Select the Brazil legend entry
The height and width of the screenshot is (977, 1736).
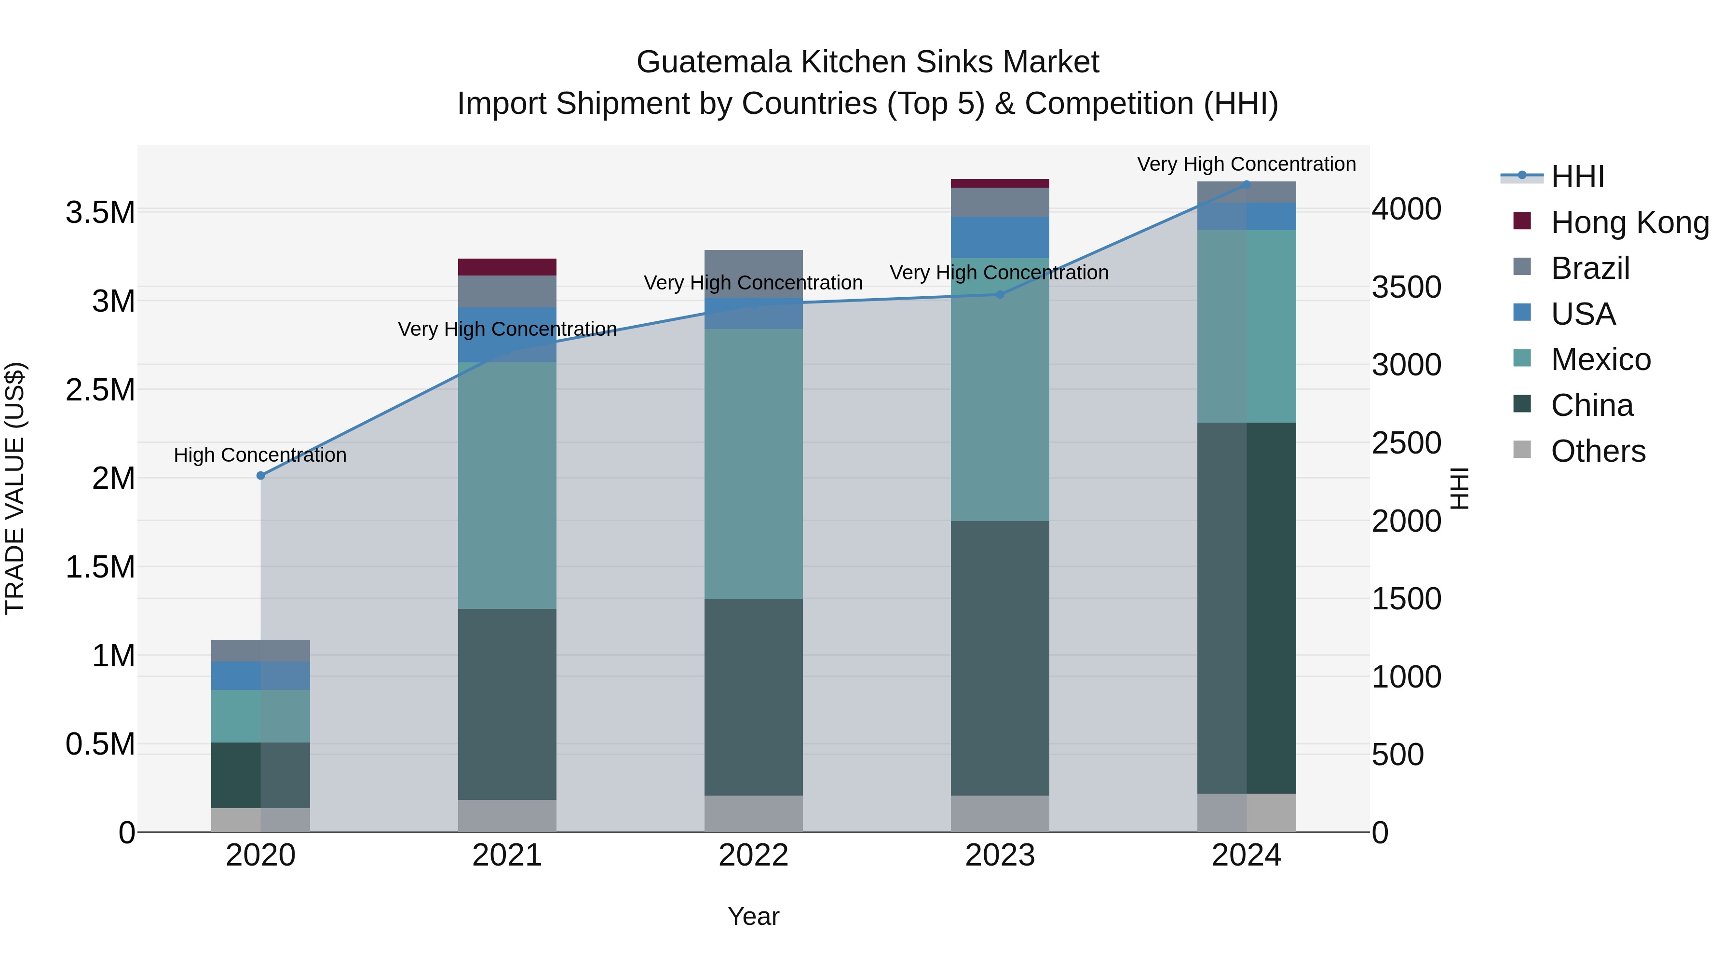click(1590, 268)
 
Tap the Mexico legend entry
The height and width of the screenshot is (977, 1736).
click(1600, 359)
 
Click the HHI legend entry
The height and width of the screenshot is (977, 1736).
click(1577, 177)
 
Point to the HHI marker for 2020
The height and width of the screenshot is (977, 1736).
click(261, 475)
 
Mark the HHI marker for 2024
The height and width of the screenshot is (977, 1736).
click(1246, 184)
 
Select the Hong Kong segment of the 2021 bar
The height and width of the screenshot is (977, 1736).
click(507, 267)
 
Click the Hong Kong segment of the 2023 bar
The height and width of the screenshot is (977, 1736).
click(1000, 183)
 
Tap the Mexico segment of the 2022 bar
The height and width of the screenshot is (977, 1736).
click(753, 464)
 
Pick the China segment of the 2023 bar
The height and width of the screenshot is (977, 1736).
click(1000, 658)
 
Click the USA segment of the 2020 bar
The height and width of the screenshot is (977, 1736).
click(261, 675)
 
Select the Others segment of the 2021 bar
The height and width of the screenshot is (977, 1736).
click(507, 816)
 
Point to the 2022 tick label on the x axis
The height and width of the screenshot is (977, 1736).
click(753, 855)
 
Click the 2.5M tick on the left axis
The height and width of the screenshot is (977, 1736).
click(100, 390)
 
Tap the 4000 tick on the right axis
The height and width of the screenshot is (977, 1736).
click(1407, 209)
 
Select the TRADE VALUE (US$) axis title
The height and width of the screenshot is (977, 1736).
click(15, 488)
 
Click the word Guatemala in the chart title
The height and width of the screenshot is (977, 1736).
click(714, 62)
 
